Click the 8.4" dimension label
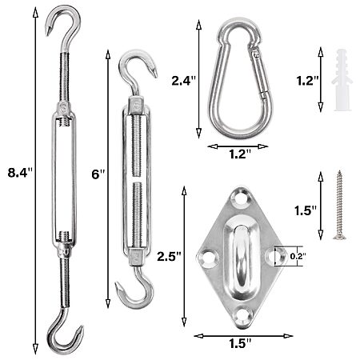coord(20,173)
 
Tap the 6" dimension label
coord(98,174)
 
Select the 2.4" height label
coord(184,81)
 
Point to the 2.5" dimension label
coord(169,256)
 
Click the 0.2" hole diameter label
coord(298,256)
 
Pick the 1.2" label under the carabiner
coord(240,154)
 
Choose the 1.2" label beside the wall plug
coord(307,81)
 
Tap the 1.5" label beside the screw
coord(306,210)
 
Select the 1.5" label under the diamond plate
coord(240,343)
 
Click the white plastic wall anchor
coord(342,80)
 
